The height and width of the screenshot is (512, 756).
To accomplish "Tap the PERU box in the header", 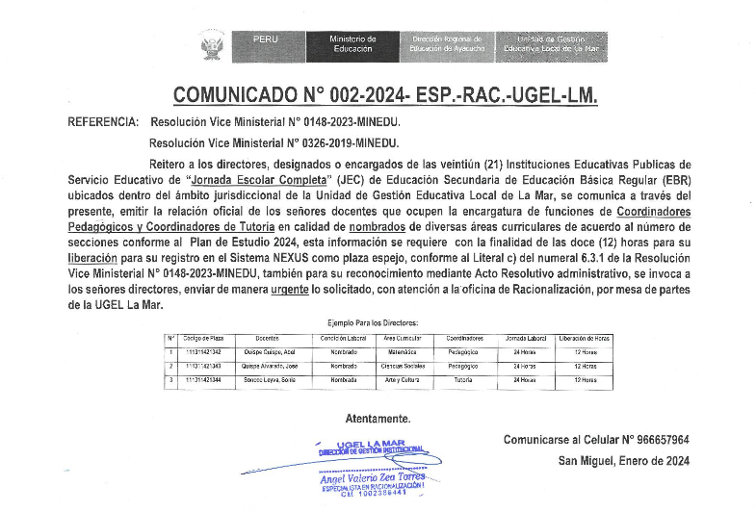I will click(265, 39).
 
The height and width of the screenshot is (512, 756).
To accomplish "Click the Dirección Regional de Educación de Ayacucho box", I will click(447, 43).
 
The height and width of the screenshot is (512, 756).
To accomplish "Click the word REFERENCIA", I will click(102, 123).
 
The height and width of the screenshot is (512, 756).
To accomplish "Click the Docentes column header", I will click(267, 339).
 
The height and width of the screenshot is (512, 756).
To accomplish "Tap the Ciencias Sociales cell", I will click(403, 367).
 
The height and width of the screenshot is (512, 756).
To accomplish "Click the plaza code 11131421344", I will click(202, 380).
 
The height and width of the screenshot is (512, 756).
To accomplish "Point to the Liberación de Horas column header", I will click(584, 339).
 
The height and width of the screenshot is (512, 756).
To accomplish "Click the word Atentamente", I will click(378, 419).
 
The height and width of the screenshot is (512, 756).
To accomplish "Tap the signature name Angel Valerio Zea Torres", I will click(372, 478).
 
